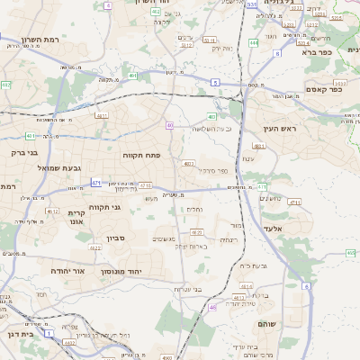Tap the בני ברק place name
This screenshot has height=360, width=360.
(27, 153)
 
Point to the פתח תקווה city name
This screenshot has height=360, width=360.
(142, 155)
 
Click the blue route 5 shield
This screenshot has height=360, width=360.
(215, 82)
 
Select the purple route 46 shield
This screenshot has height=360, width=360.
(212, 307)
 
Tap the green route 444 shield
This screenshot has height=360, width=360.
(254, 42)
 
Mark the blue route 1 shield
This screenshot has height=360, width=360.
(49, 333)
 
